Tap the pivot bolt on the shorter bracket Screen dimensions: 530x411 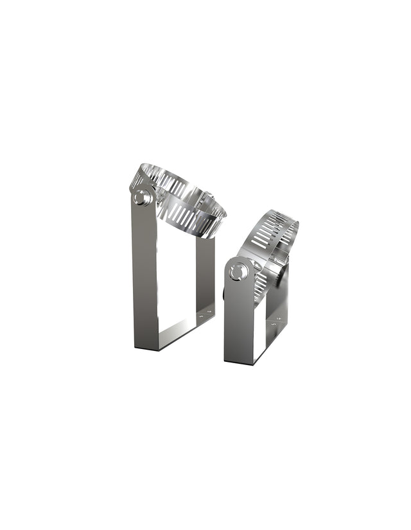point(238,272)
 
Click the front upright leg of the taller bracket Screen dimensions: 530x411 point(144,276)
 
